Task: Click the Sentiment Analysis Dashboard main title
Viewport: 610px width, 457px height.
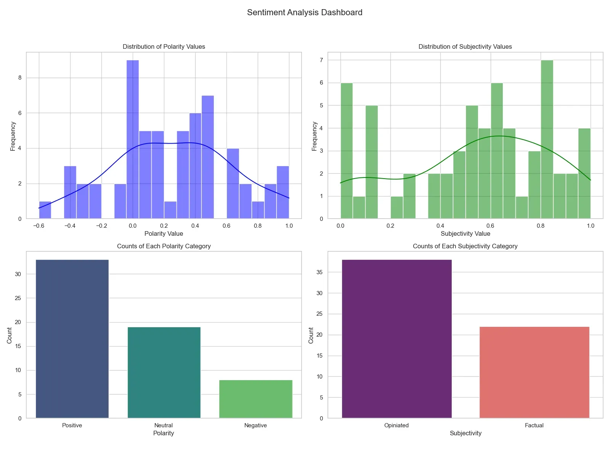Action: (x=305, y=13)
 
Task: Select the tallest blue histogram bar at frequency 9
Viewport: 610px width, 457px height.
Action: (x=133, y=139)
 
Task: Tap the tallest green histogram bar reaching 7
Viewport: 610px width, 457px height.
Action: (x=547, y=139)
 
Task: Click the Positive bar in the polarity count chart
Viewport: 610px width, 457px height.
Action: (x=72, y=339)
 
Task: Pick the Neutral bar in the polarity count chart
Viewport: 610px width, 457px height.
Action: (x=164, y=372)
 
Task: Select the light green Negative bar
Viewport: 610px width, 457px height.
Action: (x=256, y=399)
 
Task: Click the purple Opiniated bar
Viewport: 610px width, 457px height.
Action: (x=396, y=339)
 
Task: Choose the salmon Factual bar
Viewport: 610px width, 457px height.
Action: (x=534, y=372)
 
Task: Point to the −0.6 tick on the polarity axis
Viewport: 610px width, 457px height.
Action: (x=39, y=226)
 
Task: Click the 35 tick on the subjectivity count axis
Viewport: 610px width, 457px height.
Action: (x=319, y=272)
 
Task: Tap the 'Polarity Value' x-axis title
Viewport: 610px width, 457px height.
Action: (x=164, y=234)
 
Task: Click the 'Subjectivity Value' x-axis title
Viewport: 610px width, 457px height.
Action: (x=465, y=234)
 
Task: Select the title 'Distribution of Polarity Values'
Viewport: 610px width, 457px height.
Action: (x=164, y=46)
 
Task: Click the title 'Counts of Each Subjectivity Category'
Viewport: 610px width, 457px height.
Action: (x=465, y=246)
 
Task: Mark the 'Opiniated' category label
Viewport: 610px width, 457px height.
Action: (x=396, y=425)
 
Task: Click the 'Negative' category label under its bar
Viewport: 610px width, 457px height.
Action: (x=255, y=425)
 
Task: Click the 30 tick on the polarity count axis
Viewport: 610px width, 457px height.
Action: (x=18, y=274)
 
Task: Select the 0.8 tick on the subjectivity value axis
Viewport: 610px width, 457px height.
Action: (x=541, y=226)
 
